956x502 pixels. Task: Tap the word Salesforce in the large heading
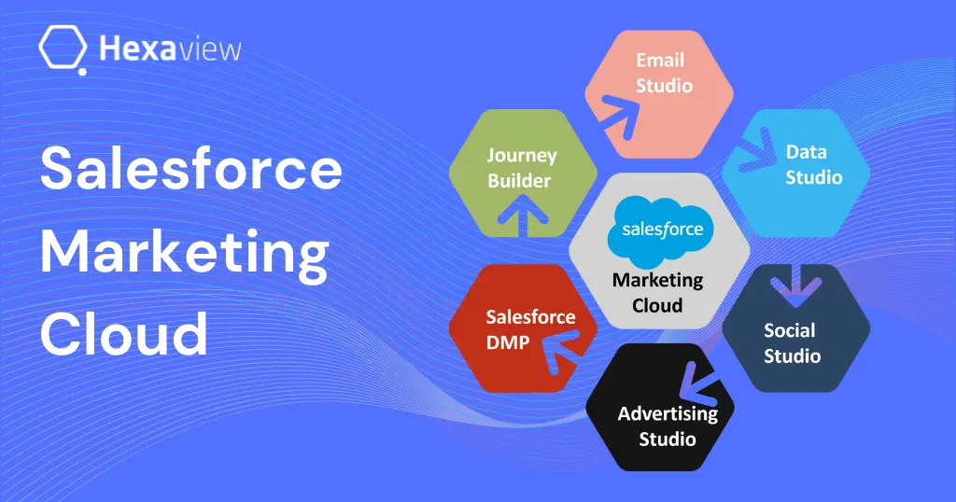pos(190,171)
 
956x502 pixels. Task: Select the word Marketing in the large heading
pos(184,252)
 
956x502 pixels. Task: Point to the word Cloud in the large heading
pos(123,333)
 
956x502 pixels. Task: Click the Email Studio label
pos(664,73)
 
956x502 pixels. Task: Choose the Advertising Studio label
pos(667,425)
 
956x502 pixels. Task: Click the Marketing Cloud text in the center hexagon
pos(658,292)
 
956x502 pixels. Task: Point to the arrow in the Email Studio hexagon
pos(618,109)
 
